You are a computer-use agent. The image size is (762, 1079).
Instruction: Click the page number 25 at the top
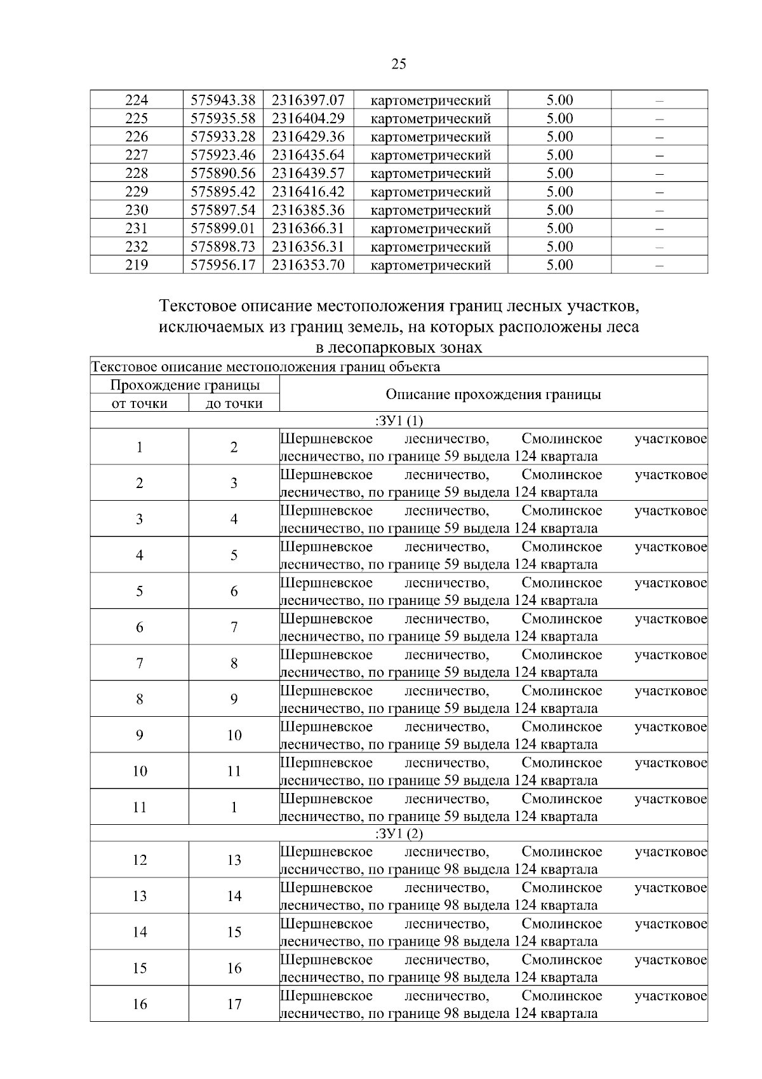point(399,64)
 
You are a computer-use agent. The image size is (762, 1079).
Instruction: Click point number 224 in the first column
point(137,100)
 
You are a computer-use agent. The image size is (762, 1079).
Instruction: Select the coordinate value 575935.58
point(223,119)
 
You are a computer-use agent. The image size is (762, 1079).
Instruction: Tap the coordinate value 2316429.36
point(308,137)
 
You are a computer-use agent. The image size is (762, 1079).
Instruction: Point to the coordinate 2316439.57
point(308,173)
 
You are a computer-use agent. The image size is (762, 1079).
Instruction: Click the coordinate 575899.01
point(223,229)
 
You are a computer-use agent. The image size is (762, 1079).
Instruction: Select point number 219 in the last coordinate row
point(137,265)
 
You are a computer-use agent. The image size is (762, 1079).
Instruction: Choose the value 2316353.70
point(308,265)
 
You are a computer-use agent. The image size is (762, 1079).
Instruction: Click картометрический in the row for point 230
point(431,210)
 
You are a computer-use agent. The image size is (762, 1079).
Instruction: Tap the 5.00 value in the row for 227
point(559,155)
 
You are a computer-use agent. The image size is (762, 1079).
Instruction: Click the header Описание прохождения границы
point(493,395)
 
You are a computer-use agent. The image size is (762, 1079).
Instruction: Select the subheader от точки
point(140,404)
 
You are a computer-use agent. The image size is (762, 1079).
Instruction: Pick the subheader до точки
point(234,404)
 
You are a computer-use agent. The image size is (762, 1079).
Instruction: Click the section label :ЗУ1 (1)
point(399,421)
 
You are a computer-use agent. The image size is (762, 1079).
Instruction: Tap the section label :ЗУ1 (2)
point(399,834)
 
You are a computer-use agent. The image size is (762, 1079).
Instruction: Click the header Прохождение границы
point(185,385)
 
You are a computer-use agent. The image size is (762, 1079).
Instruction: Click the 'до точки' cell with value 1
point(234,808)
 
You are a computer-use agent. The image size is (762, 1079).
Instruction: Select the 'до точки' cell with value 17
point(234,1005)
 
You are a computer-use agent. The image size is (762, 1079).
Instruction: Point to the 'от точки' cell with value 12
point(140,860)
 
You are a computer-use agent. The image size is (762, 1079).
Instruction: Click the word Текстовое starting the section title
point(197,307)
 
